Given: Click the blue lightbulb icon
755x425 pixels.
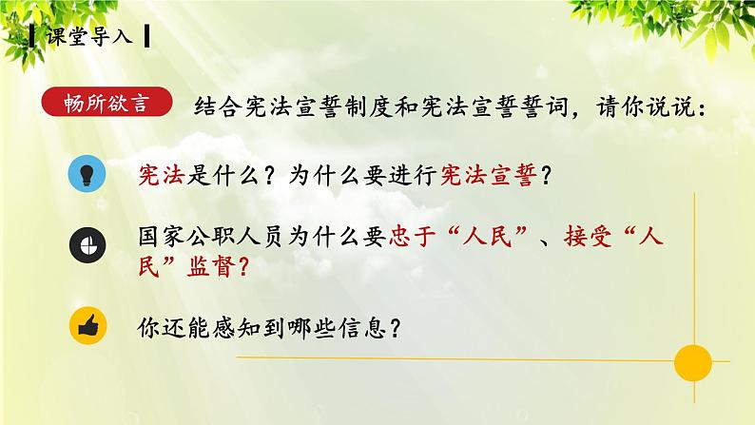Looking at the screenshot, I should point(87,174).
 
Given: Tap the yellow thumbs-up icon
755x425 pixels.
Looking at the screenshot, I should point(87,329).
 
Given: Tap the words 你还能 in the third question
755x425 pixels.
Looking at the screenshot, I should point(172,330).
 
